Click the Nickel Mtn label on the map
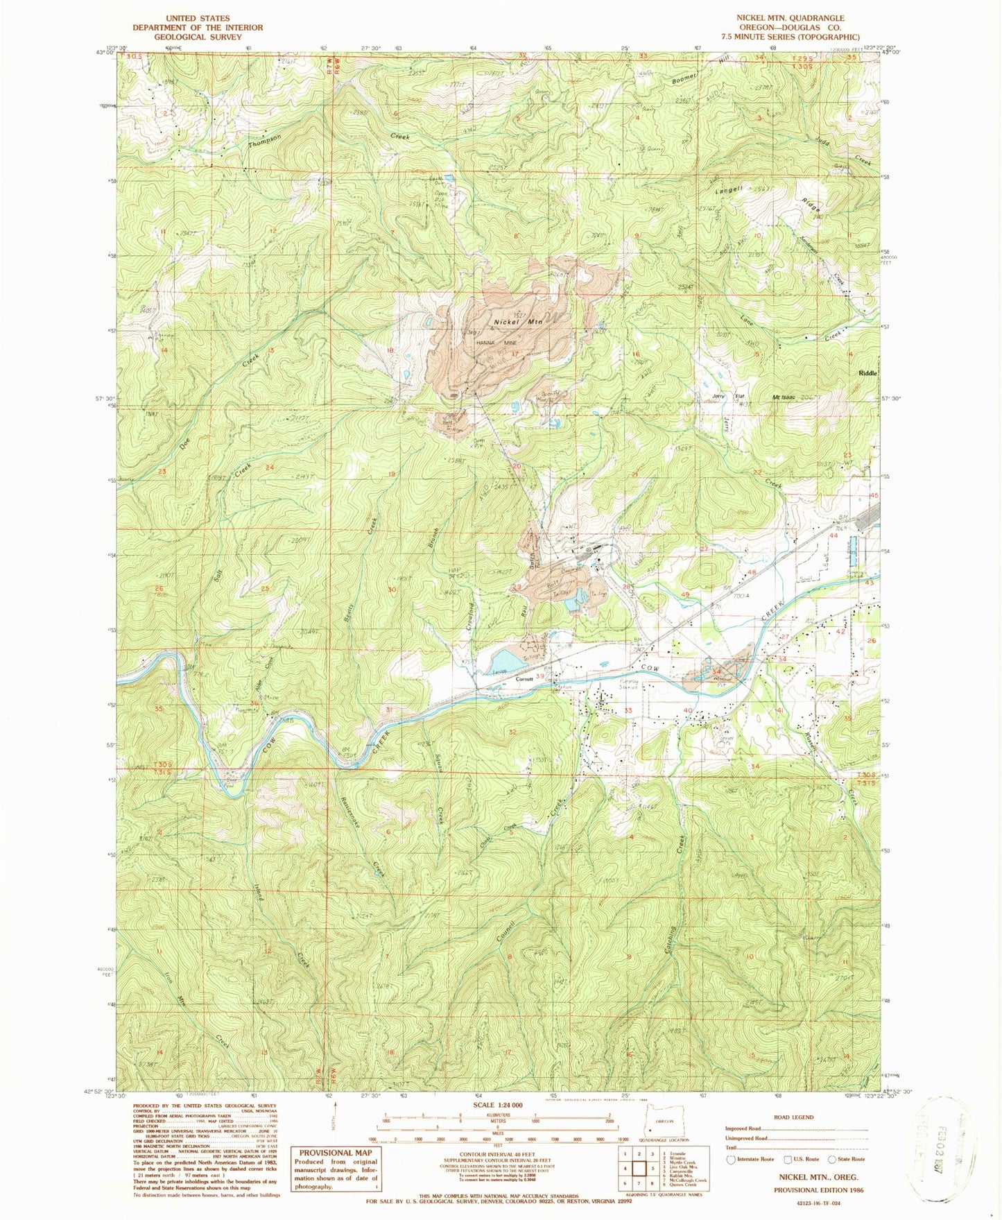click(x=517, y=322)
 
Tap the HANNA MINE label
click(x=496, y=343)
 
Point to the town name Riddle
click(x=867, y=373)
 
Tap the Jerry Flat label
click(x=734, y=397)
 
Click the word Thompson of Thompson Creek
click(x=266, y=143)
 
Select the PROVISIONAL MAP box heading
click(x=336, y=1153)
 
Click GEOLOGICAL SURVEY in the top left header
click(x=198, y=37)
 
